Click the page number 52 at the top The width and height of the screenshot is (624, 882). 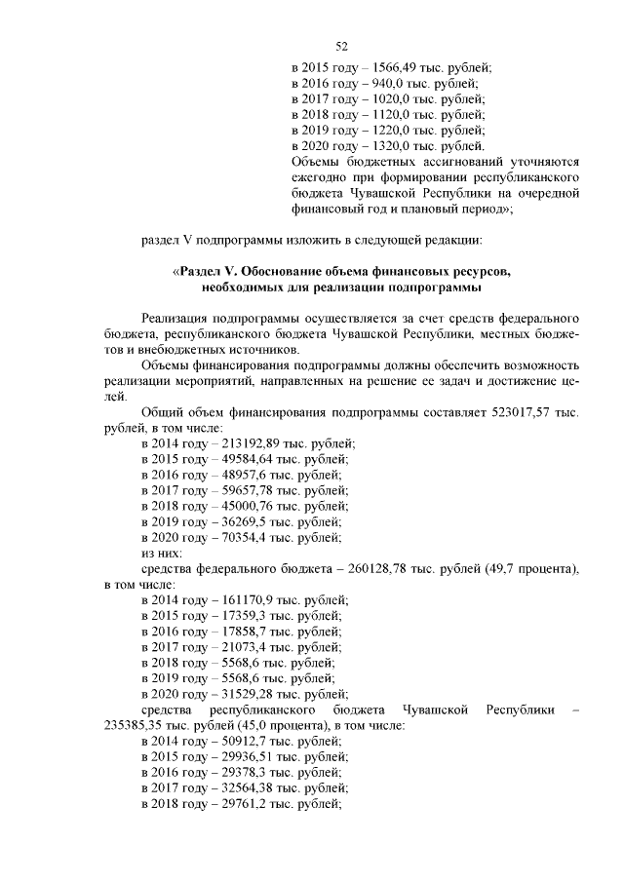341,46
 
